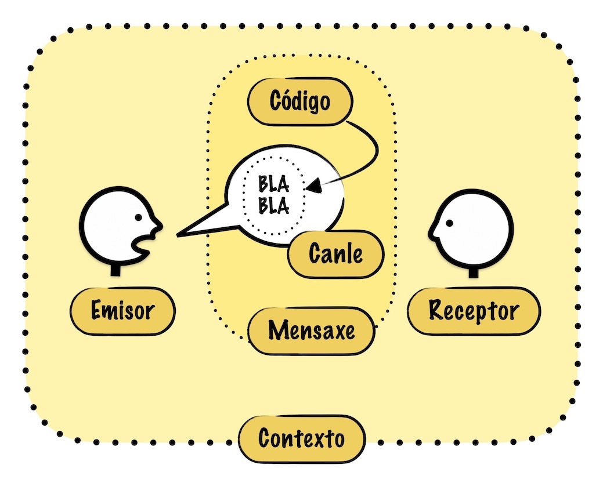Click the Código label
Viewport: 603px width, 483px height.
coord(300,102)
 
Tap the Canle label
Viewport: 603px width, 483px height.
coord(336,255)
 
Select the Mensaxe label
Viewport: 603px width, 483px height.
coord(311,331)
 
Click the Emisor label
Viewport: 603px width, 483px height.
coord(122,311)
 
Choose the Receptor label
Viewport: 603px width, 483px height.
coord(474,311)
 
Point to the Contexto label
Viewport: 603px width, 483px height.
coord(301,439)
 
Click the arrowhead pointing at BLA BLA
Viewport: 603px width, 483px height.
coord(313,187)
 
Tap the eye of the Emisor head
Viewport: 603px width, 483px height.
coord(139,217)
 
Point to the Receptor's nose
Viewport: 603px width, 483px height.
coord(432,233)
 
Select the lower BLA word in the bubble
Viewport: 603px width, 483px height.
coord(274,206)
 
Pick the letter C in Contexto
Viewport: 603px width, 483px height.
coord(265,439)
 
